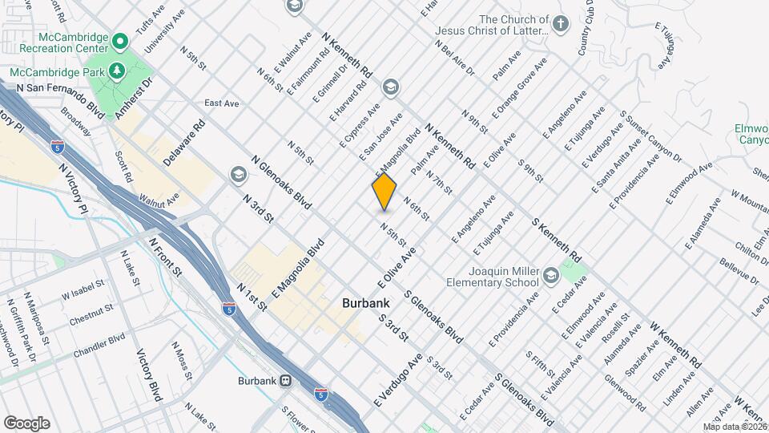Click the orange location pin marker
[384, 191]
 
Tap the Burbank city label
[365, 304]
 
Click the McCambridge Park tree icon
[118, 71]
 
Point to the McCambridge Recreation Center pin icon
[120, 40]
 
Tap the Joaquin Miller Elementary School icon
[550, 275]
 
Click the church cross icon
[561, 24]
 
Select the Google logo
[26, 423]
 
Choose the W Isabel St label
[83, 290]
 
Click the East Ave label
[222, 103]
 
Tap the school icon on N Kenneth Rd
[391, 87]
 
